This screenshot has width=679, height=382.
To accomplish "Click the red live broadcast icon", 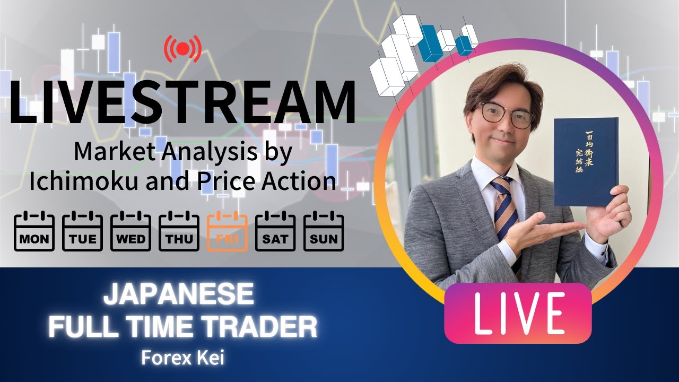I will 182,49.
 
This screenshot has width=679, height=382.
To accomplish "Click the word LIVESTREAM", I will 182,103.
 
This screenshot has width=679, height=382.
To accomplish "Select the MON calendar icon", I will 34,231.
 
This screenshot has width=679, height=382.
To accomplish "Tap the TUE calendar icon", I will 82,231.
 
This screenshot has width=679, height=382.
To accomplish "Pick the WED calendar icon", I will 130,231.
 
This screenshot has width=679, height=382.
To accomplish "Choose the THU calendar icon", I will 179,231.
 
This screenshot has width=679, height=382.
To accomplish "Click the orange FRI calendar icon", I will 228,231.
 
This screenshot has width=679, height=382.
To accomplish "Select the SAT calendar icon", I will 275,231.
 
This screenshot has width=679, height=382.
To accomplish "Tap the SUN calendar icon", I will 324,231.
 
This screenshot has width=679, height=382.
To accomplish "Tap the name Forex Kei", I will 182,358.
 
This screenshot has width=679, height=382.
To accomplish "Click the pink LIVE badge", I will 517,313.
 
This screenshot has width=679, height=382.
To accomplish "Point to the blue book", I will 586,162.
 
